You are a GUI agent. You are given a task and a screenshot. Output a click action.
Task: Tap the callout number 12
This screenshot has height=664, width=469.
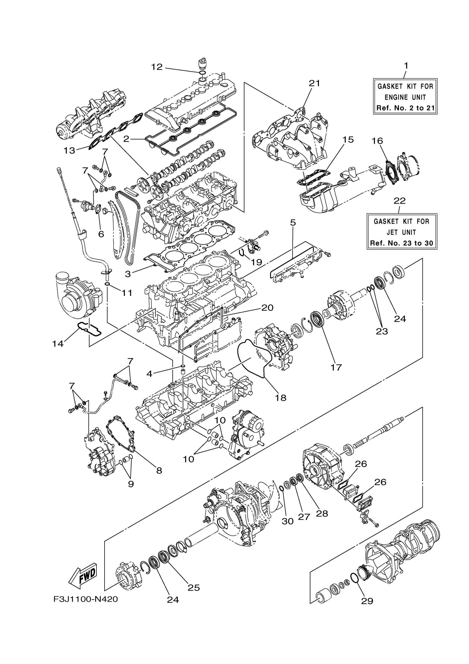tap(157, 67)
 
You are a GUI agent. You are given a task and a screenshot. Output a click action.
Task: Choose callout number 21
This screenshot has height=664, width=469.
tap(315, 83)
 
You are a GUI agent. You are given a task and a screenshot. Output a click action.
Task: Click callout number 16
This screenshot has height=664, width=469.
tap(377, 141)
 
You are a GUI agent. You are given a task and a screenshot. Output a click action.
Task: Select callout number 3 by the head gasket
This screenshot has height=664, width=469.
tap(128, 274)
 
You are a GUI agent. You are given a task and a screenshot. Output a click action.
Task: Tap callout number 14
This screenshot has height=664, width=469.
tap(58, 344)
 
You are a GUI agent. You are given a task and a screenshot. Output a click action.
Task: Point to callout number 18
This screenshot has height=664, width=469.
tap(280, 398)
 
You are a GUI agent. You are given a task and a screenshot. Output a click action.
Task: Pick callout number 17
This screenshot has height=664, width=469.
tap(336, 367)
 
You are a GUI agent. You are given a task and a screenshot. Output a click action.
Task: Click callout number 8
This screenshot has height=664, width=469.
tap(159, 470)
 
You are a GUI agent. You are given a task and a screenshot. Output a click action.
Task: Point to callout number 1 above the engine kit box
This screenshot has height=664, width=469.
tap(406, 66)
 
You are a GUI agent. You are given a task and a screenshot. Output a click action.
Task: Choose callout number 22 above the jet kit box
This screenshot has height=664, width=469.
tap(400, 201)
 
